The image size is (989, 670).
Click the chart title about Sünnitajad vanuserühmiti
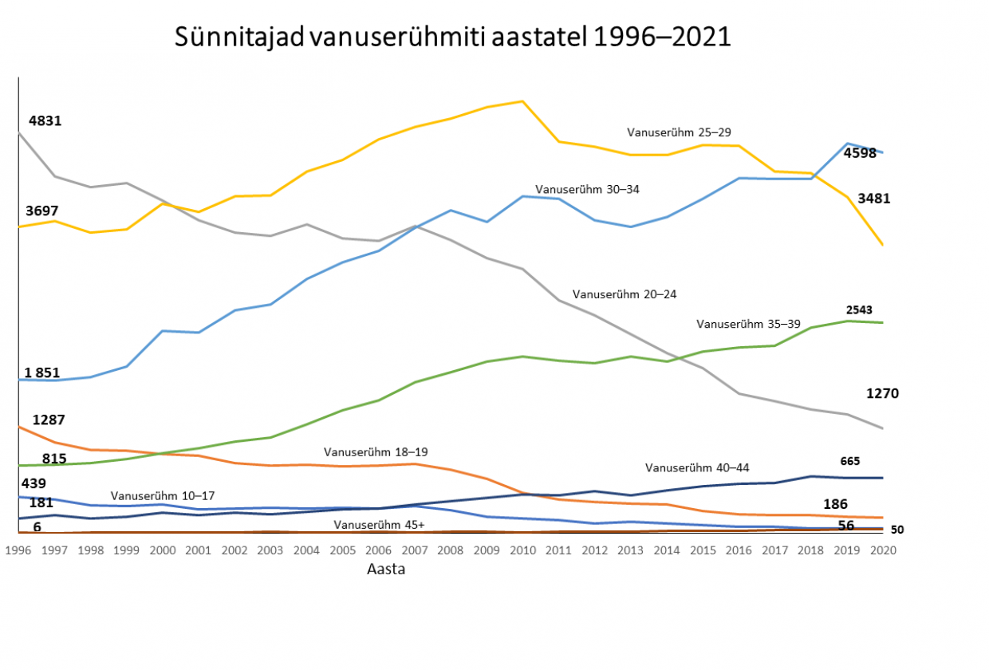pos(452,37)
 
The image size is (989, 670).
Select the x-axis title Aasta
pos(386,569)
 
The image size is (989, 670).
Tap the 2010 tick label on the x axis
pos(522,550)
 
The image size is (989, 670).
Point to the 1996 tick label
pos(18,550)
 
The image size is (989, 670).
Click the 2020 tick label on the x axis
pos(881,550)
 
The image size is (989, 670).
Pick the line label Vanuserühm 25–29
pos(679,132)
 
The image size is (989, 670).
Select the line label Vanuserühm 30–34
pos(587,190)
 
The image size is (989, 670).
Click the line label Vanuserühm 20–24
pos(625,294)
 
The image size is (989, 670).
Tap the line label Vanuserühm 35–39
pos(748,324)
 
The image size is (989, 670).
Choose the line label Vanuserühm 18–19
pos(376,452)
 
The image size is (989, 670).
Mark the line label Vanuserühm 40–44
pos(697,467)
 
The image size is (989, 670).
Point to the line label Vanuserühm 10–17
pos(163,496)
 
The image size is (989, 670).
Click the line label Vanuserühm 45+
pos(379,525)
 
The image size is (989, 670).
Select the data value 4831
pos(45,121)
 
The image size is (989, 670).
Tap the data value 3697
pos(42,211)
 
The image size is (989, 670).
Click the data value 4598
pos(861,153)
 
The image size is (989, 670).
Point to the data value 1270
pos(882,393)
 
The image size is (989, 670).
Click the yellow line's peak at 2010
pos(522,101)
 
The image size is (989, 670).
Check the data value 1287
pos(49,420)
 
